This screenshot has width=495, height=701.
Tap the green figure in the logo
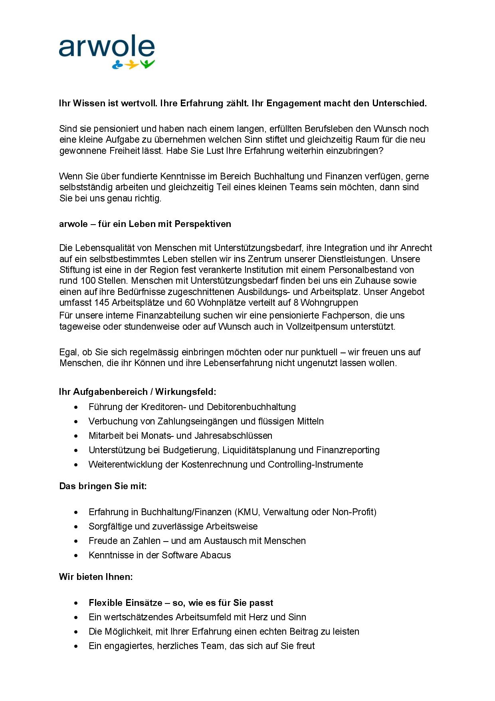pyautogui.click(x=148, y=64)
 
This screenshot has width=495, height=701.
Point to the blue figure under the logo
pyautogui.click(x=117, y=64)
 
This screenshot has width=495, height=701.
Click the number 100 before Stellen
pyautogui.click(x=87, y=281)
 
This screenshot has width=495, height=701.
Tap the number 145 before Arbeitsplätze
pyautogui.click(x=101, y=303)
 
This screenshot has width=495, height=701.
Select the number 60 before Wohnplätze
pyautogui.click(x=189, y=303)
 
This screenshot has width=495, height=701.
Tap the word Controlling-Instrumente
pyautogui.click(x=315, y=465)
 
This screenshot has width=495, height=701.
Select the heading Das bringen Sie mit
pyautogui.click(x=103, y=486)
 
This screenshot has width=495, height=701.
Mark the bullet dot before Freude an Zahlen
pyautogui.click(x=76, y=541)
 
